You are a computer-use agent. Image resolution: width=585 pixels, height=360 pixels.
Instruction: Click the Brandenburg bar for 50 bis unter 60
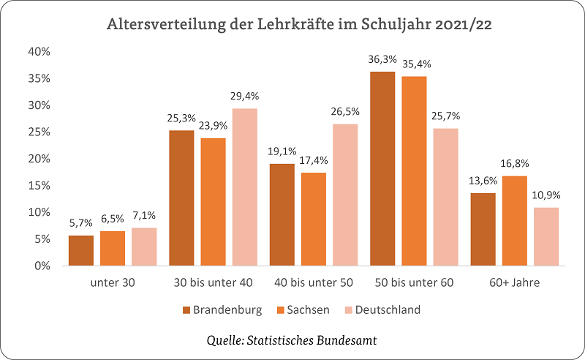382,169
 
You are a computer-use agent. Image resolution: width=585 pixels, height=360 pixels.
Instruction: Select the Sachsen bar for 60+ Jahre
514,221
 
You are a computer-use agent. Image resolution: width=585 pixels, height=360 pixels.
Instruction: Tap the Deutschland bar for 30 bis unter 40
245,187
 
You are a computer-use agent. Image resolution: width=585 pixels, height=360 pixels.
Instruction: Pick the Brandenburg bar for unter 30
81,251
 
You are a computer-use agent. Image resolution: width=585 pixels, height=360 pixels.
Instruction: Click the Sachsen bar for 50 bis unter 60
414,171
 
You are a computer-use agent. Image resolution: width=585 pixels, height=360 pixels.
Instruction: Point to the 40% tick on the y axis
39,52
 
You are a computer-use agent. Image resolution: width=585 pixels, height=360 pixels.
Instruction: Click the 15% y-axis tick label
39,186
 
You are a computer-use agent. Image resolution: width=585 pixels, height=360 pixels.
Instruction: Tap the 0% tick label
42,266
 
